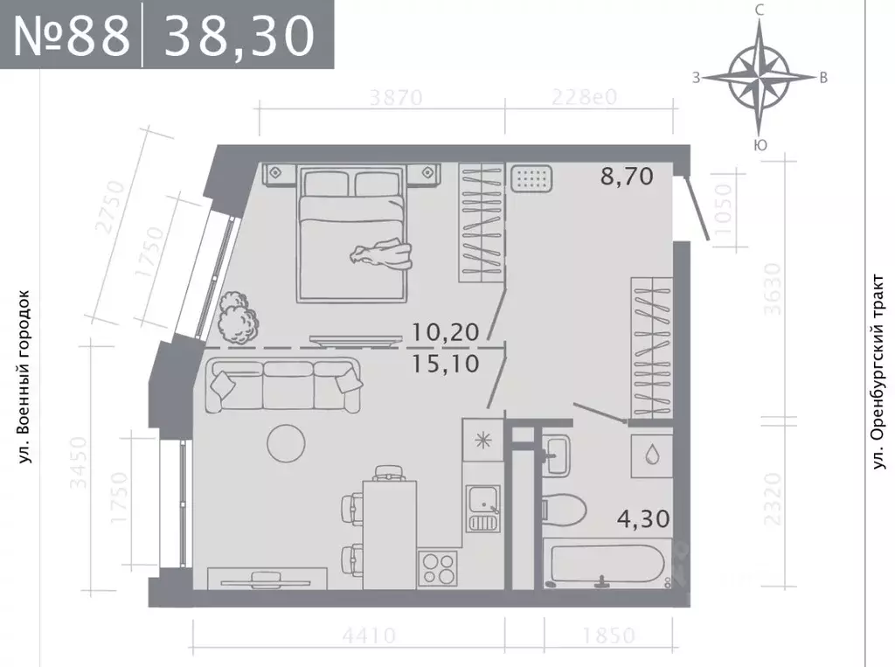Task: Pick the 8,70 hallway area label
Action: [626, 177]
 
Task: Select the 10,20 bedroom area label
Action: [447, 331]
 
